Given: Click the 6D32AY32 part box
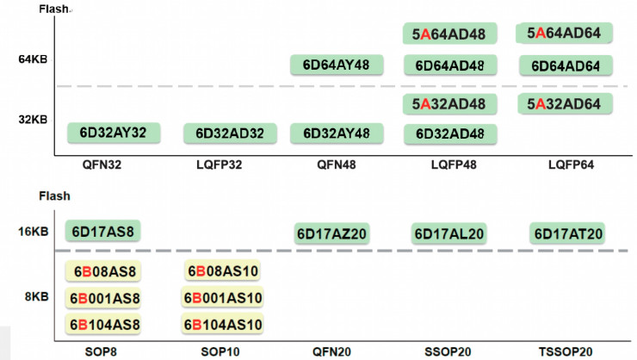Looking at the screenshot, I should coord(113,133).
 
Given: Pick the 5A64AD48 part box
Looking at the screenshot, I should coord(449,34).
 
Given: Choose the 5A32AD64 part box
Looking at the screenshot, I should coord(564,104).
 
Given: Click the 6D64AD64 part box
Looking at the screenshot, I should coord(566,66).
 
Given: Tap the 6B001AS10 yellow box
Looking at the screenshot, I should coord(223,298).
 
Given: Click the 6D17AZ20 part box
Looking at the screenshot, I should coord(332,233).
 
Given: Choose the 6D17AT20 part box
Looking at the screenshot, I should coord(568,233).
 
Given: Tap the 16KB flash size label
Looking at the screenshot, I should coord(32,231).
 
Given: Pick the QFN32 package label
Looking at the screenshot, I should coord(102,164).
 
